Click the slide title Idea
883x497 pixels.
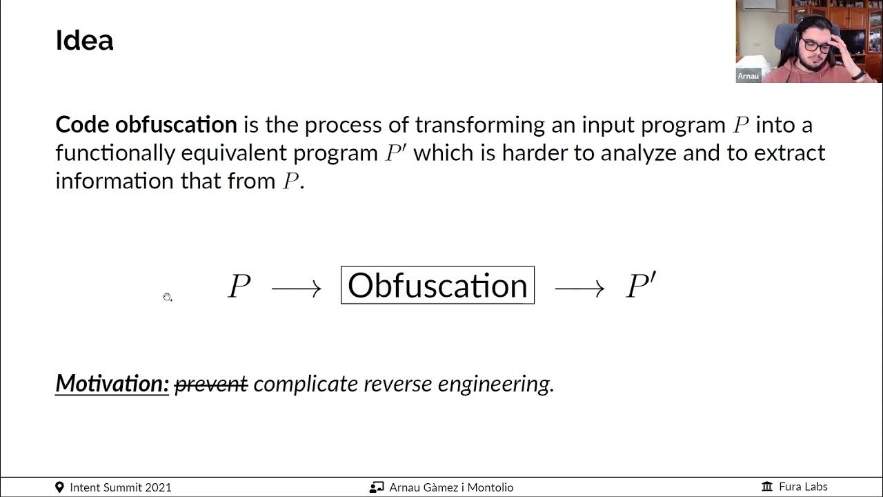84,41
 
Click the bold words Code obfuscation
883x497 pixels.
146,125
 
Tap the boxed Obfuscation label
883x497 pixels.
437,285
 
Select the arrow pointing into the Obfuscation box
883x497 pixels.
297,288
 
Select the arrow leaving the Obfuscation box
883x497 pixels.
579,288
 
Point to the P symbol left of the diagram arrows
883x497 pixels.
239,286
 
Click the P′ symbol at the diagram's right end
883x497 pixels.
640,286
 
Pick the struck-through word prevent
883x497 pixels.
211,384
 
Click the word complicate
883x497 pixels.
306,384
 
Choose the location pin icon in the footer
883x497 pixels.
59,487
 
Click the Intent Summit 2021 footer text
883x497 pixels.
121,487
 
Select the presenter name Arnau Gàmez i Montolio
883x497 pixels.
451,487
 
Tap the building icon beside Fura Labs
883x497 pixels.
767,487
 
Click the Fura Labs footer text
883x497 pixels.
803,487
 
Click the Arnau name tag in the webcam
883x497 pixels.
748,76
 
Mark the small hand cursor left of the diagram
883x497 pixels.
167,297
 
